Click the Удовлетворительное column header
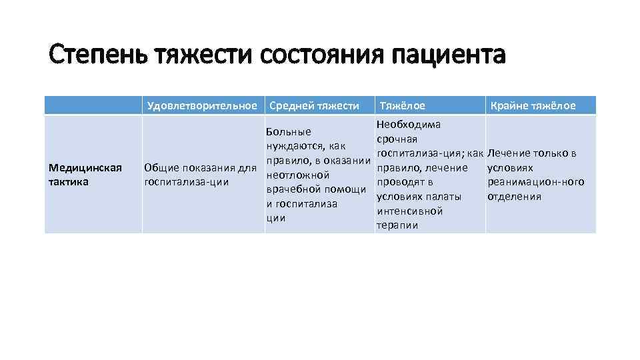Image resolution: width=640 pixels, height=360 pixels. coord(203,105)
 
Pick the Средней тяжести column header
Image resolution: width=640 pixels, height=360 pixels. coord(313,105)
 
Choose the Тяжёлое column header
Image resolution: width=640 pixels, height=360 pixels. coord(402,105)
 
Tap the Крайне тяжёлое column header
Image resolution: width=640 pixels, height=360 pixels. coord(533,105)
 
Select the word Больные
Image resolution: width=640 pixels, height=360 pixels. coord(288,132)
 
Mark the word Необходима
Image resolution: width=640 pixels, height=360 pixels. coord(408,125)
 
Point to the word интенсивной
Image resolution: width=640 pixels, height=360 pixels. coord(409,211)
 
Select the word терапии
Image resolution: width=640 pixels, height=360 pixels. coord(397,225)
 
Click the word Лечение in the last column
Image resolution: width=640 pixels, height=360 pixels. coord(509,153)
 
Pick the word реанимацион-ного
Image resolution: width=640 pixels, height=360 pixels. coord(536,182)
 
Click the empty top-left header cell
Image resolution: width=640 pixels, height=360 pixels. coord(93,105)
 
